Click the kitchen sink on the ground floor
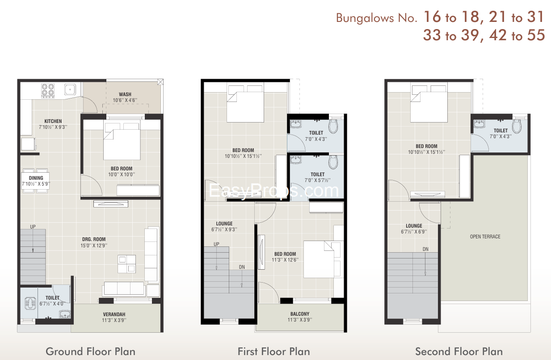click(70, 89)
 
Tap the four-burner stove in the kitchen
click(48, 90)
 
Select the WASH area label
click(125, 94)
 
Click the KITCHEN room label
click(53, 121)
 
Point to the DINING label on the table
click(36, 178)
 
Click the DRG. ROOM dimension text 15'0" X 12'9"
click(94, 246)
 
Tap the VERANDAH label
click(114, 314)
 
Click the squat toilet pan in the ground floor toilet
click(30, 303)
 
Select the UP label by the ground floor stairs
click(33, 227)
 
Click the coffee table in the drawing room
click(126, 264)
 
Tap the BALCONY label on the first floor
click(300, 314)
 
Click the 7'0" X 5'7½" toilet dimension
click(318, 180)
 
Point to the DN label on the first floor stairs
click(242, 267)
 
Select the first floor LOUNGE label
click(224, 224)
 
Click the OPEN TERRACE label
click(485, 237)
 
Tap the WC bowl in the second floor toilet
click(517, 126)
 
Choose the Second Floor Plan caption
click(459, 352)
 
